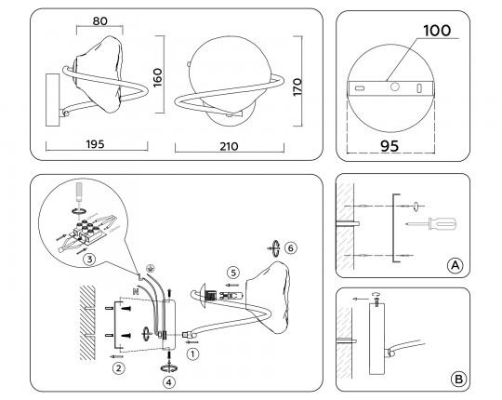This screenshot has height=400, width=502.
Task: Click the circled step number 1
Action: coord(192,353)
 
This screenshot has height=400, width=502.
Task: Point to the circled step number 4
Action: coord(168,380)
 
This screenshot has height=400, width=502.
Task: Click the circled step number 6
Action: coord(290,248)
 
